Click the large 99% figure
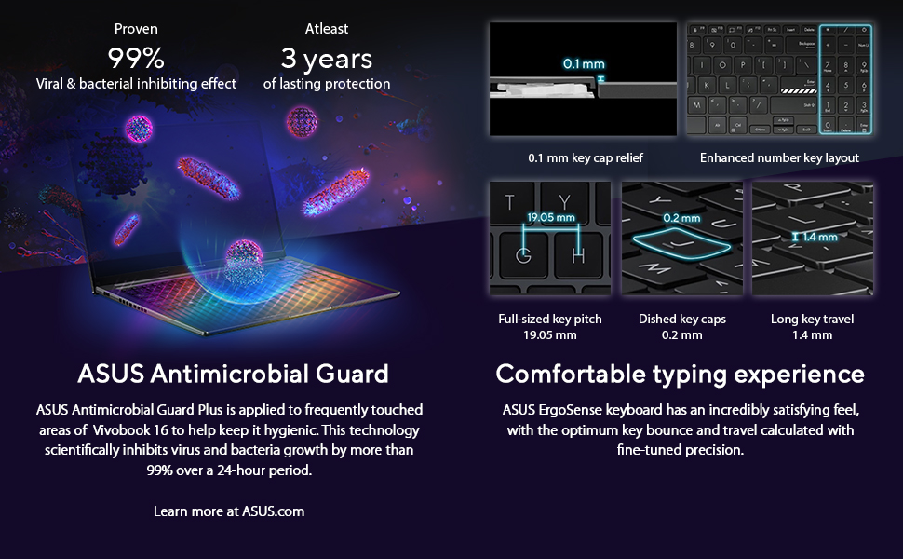pos(136,58)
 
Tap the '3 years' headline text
pos(327,59)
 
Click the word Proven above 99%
pos(136,28)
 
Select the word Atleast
pos(327,28)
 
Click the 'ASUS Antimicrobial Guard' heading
pos(234,374)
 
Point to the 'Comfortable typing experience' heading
pos(681,375)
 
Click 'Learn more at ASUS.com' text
pos(229,511)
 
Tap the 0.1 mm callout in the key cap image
pos(584,64)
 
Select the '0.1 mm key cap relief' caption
pos(586,157)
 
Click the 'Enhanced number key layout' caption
pos(779,157)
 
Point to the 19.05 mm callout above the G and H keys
pos(551,217)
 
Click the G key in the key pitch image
pos(523,254)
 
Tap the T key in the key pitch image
pos(509,201)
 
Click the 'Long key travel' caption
pos(812,319)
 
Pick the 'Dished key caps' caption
pos(681,320)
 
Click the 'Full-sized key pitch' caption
pos(550,320)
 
